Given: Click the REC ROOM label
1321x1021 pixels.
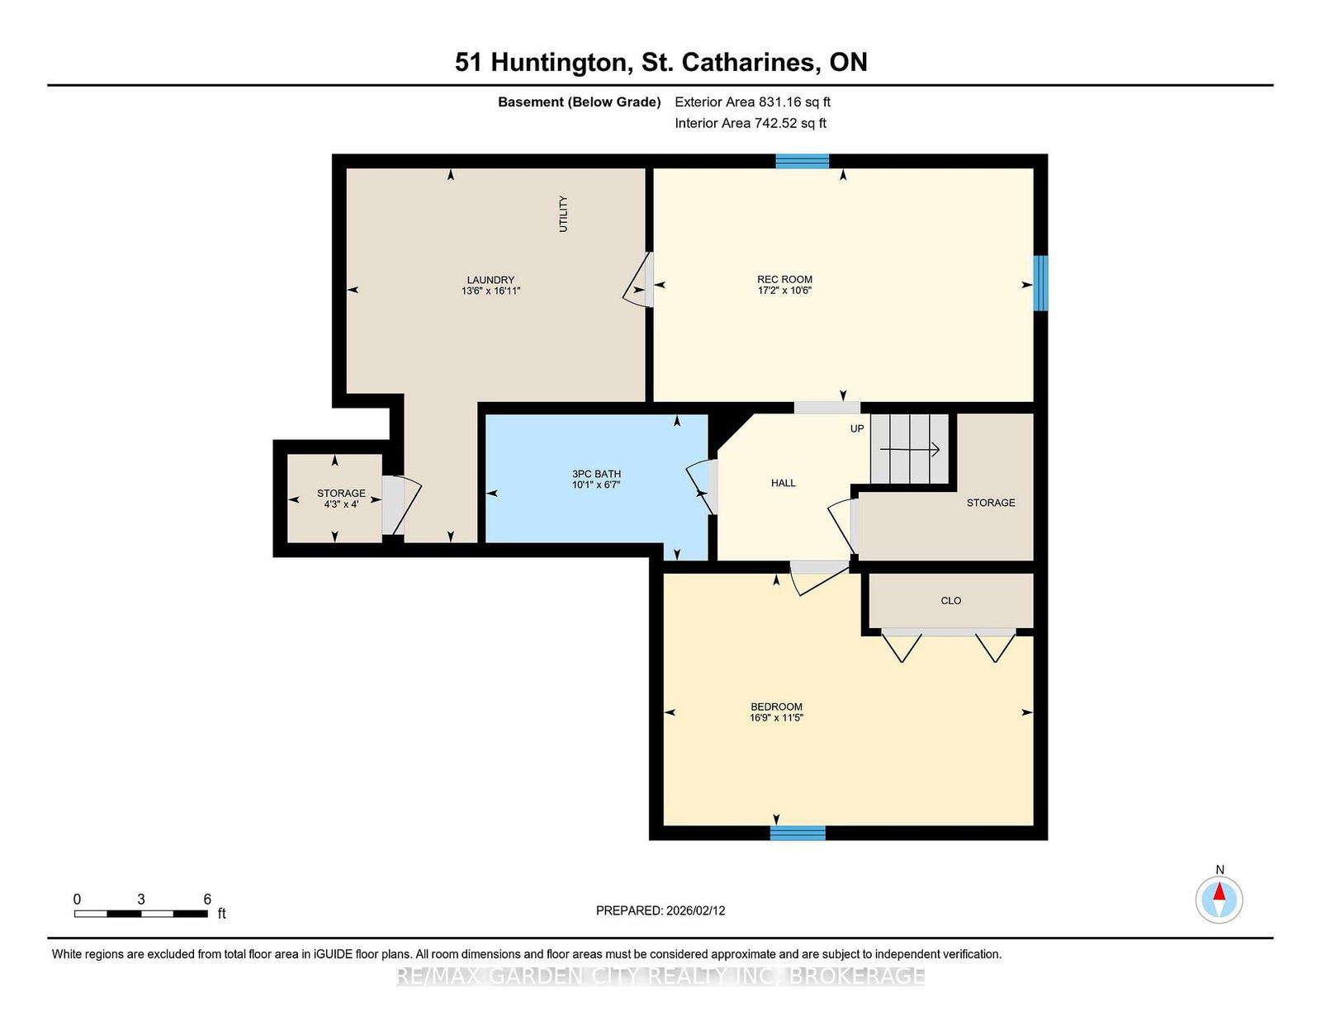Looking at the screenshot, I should (x=784, y=279).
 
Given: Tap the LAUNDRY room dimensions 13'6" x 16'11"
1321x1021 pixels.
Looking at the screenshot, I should (x=490, y=291).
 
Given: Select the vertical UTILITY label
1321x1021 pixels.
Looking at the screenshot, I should (x=563, y=214).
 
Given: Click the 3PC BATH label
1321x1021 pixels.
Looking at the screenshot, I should (x=596, y=474).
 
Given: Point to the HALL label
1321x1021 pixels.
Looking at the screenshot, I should (x=783, y=483).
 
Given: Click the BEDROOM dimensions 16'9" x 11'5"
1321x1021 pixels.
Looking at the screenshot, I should (x=776, y=718).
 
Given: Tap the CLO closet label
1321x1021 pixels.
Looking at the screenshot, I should (x=950, y=601).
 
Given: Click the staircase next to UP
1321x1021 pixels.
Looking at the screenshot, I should (x=910, y=449).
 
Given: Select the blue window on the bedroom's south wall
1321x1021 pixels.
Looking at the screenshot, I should (x=798, y=833).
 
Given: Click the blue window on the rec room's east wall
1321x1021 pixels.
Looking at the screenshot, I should (x=1041, y=283).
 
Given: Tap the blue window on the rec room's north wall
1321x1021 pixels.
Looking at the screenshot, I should (x=802, y=161).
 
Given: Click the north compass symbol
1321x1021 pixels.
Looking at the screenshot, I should (x=1219, y=899).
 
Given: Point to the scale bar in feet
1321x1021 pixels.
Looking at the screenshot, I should (x=140, y=913).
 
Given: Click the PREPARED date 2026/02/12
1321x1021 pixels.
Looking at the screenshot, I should (x=660, y=910).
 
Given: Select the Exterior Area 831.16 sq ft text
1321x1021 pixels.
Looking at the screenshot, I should (x=752, y=102).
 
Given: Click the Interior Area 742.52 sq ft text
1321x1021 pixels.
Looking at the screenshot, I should (x=750, y=123).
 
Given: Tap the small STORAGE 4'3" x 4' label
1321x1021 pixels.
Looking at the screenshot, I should (x=341, y=499).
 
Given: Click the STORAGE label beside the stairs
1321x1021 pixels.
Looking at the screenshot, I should (x=991, y=503).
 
